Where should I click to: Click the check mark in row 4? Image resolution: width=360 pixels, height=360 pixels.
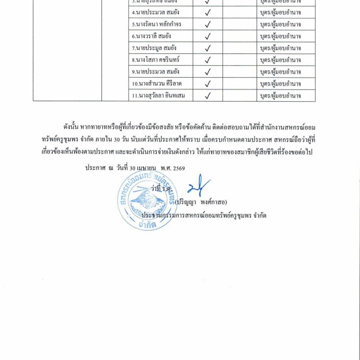pyautogui.click(x=208, y=12)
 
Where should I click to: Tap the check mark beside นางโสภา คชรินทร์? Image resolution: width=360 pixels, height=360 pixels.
pyautogui.click(x=208, y=60)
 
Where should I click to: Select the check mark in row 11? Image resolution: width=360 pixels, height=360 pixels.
pyautogui.click(x=208, y=96)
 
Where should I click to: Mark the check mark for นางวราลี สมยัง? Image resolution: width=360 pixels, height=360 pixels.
pyautogui.click(x=208, y=36)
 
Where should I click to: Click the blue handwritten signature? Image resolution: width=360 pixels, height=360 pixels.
pyautogui.click(x=198, y=185)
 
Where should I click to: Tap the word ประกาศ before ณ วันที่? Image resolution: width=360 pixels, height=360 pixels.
pyautogui.click(x=95, y=168)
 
